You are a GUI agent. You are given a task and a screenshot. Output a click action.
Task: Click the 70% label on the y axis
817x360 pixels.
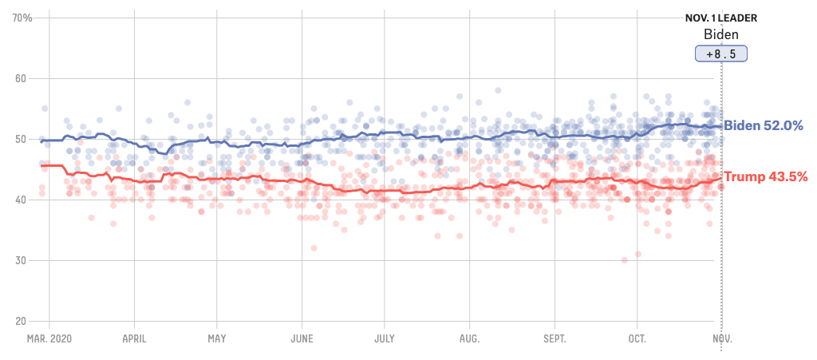[x=22, y=18]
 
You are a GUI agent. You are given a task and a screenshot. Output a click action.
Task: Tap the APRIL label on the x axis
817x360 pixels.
[x=133, y=338]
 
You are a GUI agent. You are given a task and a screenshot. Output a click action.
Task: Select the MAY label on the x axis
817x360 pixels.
[x=216, y=338]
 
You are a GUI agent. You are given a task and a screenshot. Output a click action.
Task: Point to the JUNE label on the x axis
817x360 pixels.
[x=302, y=338]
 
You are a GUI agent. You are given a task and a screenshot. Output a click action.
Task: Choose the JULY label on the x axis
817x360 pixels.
[x=385, y=338]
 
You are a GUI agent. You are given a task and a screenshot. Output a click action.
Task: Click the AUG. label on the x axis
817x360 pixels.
[x=469, y=338]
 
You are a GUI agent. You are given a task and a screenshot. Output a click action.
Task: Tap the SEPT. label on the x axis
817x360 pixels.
[x=554, y=338]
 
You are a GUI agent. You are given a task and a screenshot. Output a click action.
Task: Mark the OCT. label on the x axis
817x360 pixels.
[x=637, y=338]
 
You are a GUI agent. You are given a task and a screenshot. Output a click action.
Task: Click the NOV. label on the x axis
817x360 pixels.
[x=721, y=338]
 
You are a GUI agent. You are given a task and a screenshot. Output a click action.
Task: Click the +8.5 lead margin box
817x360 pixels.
[x=721, y=53]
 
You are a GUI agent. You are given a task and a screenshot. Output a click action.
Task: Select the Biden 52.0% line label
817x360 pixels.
[x=763, y=126]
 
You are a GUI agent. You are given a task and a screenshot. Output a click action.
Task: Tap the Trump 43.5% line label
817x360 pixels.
[x=765, y=176]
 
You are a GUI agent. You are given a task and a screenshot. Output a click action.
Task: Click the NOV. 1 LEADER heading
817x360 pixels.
[x=721, y=18]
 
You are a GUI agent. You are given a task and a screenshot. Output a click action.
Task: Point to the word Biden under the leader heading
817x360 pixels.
[x=721, y=34]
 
